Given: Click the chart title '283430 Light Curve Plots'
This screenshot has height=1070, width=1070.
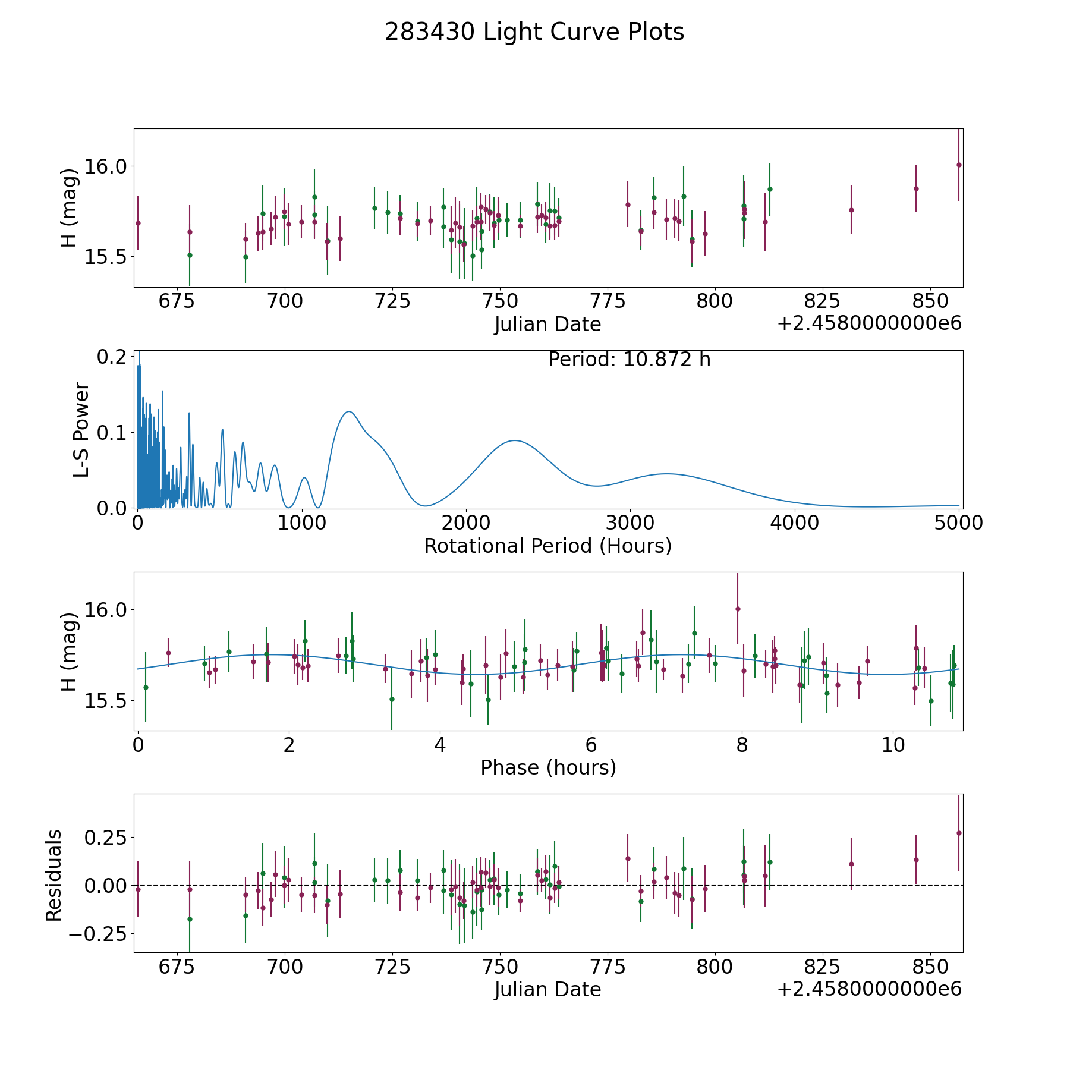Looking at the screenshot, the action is [534, 32].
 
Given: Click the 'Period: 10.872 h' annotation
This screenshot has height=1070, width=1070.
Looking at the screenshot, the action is [630, 360].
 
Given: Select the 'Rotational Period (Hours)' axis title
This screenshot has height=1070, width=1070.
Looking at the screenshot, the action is [547, 546].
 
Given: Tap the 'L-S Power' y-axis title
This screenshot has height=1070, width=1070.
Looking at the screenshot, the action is [82, 429].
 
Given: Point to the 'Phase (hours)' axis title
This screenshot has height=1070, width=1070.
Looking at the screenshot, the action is [548, 767].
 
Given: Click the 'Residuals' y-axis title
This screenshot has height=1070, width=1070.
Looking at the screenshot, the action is [54, 875].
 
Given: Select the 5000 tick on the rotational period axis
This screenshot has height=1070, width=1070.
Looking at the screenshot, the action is [958, 523].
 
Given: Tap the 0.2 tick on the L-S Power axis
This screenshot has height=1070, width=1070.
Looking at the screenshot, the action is [112, 357].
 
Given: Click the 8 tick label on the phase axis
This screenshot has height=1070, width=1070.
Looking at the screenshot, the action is [742, 745].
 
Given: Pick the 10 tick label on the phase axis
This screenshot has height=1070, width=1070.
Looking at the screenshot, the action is [893, 745].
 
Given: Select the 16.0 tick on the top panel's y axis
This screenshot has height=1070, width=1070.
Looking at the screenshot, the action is [105, 166].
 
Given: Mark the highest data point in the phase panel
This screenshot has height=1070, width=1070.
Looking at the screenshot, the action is [738, 609].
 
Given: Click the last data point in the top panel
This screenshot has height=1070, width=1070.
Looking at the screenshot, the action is [959, 165].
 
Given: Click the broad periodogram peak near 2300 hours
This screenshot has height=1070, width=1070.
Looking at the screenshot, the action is [515, 440].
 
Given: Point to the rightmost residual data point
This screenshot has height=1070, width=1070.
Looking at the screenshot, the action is [959, 833].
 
